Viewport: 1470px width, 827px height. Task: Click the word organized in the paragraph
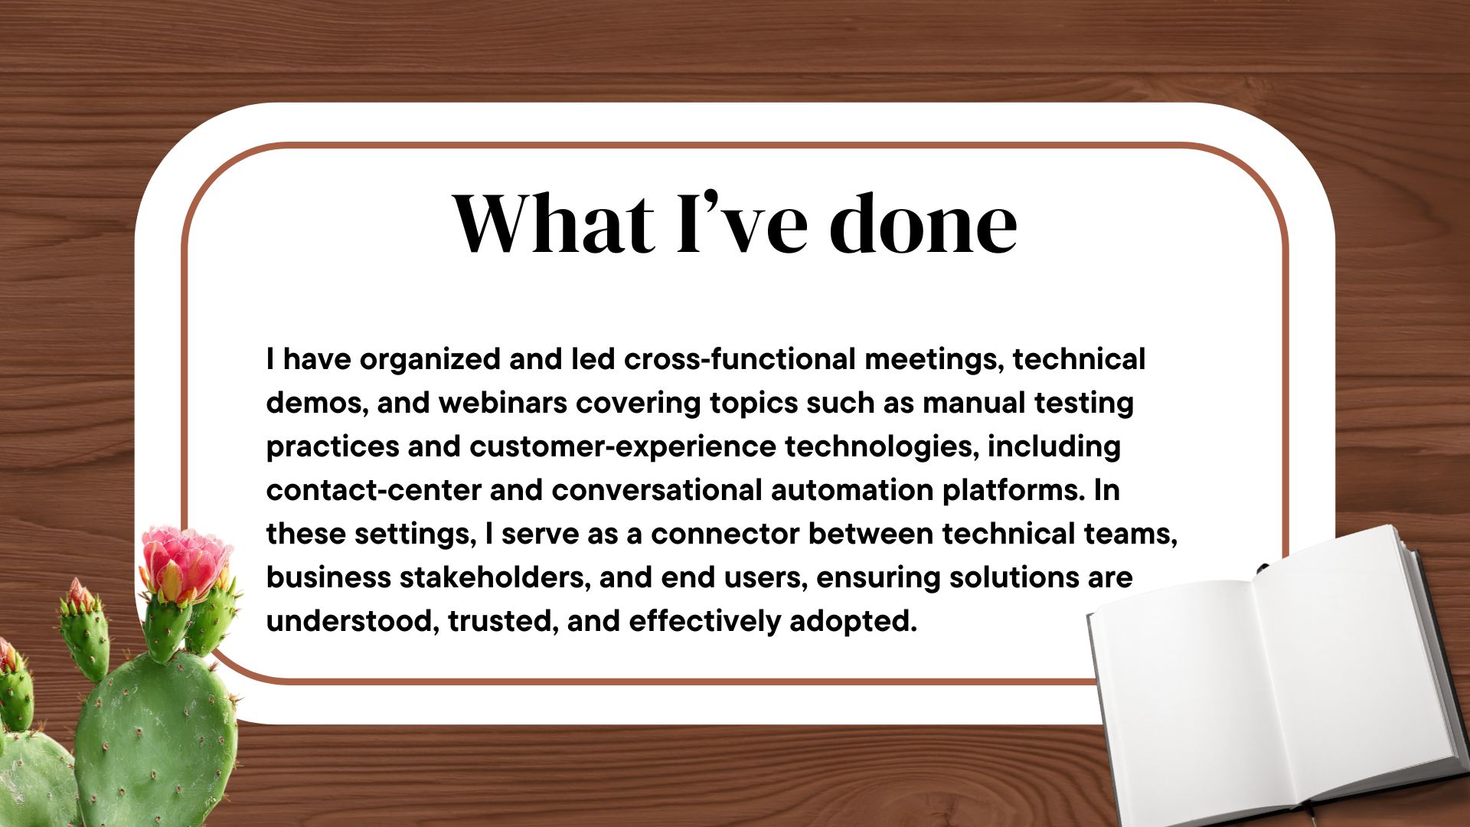click(x=430, y=360)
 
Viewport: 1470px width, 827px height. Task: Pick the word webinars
click(x=502, y=403)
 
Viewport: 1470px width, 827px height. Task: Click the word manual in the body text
click(x=974, y=403)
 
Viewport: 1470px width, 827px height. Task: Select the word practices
click(x=333, y=447)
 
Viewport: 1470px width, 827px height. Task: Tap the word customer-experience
click(x=622, y=447)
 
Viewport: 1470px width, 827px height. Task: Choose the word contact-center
click(x=374, y=490)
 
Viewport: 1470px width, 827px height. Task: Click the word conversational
click(x=657, y=490)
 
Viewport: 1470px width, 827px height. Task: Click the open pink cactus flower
click(x=185, y=563)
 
